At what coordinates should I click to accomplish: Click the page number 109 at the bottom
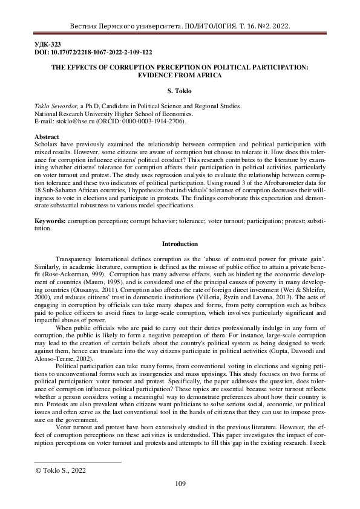[180, 482]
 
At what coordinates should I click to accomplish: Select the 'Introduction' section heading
[180, 244]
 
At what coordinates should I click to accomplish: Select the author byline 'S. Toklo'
[180, 91]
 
